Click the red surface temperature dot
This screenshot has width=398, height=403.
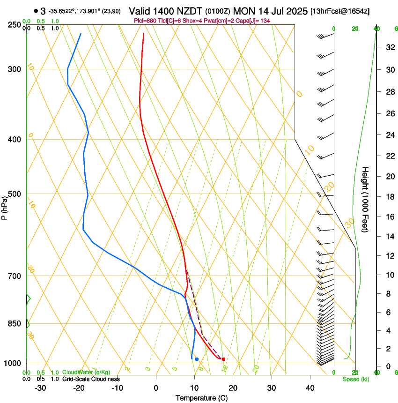tap(224, 359)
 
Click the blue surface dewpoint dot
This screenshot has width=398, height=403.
tap(197, 359)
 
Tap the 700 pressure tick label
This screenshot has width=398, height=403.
tap(15, 276)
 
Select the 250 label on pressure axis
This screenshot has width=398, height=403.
tap(15, 24)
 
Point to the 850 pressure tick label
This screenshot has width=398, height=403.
tap(15, 324)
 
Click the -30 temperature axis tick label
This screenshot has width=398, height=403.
tap(40, 388)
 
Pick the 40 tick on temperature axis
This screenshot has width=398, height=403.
tap(310, 388)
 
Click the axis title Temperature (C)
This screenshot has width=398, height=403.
tap(201, 398)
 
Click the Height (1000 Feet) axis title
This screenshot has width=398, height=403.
tap(366, 199)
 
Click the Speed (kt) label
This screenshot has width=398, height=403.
tap(356, 379)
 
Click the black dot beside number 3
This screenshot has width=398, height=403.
tap(36, 11)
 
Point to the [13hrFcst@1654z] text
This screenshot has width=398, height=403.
tap(340, 11)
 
